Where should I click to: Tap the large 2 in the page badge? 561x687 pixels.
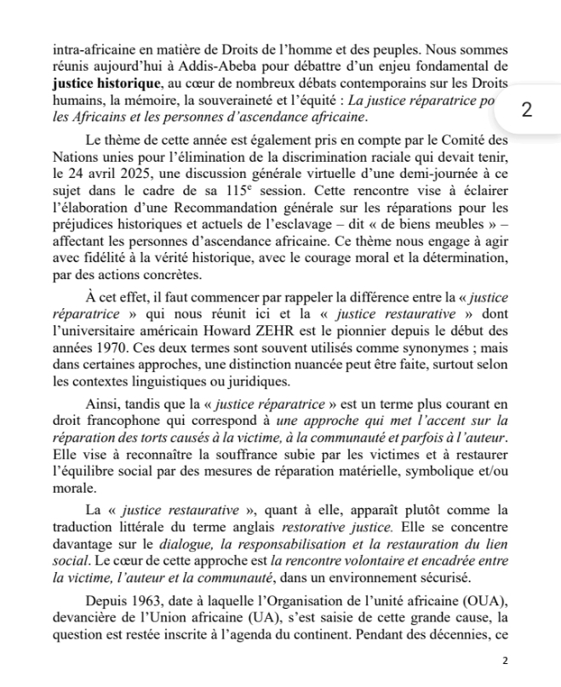(529, 110)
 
